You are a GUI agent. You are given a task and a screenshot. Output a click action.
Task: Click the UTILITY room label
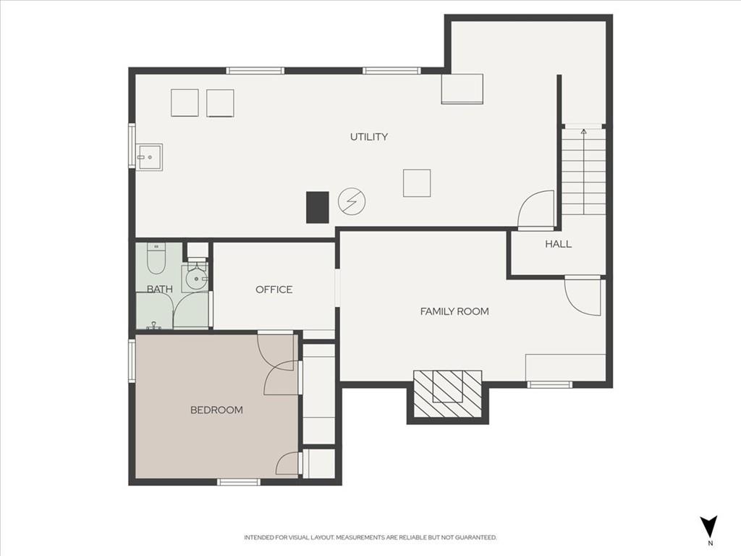coord(368,137)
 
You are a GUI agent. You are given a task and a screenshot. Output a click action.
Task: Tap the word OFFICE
coord(274,290)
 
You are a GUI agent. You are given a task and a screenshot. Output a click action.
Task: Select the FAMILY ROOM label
coord(454,311)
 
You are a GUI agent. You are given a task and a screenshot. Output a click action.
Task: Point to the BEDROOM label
coord(216,410)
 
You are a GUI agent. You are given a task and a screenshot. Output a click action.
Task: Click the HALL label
coord(558,244)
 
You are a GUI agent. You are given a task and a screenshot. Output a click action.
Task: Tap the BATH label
coord(159,289)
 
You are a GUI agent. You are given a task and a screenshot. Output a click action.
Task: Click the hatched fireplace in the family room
coord(447,393)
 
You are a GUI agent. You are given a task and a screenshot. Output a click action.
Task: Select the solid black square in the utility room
coord(318,207)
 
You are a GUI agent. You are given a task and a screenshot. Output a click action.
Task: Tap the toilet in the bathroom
coord(156,258)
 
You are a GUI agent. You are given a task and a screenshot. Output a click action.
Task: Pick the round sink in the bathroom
coord(196,279)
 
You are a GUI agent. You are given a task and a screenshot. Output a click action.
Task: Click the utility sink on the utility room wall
coord(149,157)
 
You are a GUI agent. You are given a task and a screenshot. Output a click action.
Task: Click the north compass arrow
coord(709,526)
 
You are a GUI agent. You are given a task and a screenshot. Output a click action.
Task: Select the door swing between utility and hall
coord(536,210)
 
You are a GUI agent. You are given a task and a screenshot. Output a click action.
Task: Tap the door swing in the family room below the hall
coord(583,297)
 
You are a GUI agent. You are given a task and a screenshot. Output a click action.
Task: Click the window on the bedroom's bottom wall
coord(239,481)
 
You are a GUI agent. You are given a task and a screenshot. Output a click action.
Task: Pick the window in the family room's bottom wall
coord(550,385)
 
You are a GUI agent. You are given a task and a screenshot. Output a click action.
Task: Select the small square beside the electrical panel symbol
coord(417,183)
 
